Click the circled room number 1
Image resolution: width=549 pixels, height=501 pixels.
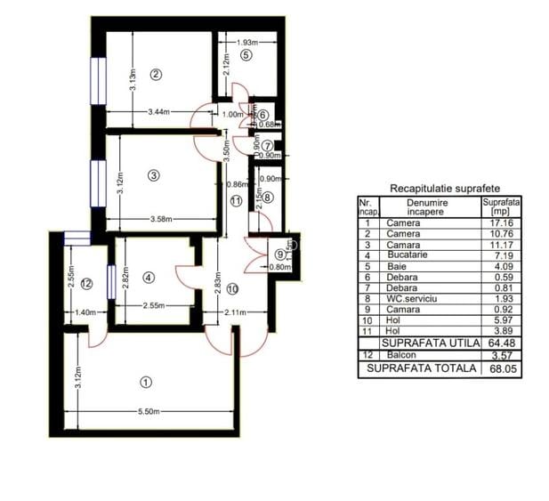pos(146,382)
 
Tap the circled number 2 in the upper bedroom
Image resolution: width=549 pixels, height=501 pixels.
pos(156,74)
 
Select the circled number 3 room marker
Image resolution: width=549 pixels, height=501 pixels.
pos(154,175)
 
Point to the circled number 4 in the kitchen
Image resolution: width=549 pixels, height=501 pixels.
pos(149,278)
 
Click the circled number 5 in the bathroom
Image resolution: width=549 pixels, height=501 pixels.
pos(246,54)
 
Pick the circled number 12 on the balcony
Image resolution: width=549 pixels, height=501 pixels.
pos(85,284)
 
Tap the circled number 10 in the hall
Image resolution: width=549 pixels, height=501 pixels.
pos(231,288)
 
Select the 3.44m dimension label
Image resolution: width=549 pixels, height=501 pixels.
pos(158,111)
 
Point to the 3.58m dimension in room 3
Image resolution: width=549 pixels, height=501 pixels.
pos(160,219)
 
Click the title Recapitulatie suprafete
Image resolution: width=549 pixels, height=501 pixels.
pos(444,189)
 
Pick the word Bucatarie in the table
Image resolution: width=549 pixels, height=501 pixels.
pos(408,255)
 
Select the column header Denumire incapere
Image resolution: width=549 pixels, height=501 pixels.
pos(429,207)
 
